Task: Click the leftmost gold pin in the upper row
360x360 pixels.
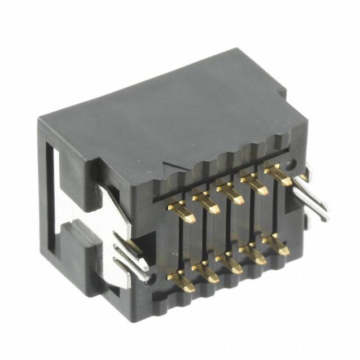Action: click(x=182, y=212)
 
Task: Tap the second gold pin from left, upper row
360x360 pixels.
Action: click(x=206, y=202)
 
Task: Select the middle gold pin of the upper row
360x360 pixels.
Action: click(x=230, y=192)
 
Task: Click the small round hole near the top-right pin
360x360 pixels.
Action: click(x=291, y=165)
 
